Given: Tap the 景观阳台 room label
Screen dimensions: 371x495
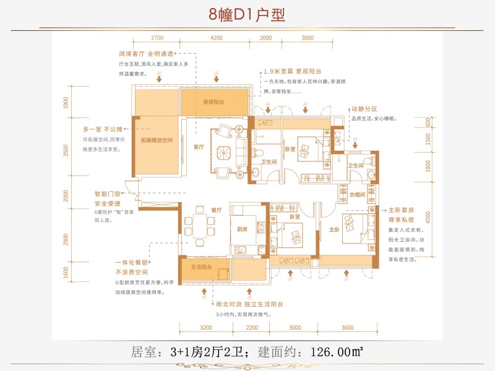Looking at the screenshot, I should coord(213,102).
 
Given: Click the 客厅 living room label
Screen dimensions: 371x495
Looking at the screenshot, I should coord(199,147).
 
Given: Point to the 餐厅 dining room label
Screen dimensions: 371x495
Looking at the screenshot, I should coord(216,210).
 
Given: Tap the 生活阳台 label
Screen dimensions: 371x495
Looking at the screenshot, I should coord(202,267).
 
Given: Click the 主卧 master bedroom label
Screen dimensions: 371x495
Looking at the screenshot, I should coord(334,229).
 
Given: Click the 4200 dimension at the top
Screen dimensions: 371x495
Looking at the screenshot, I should coord(217,38).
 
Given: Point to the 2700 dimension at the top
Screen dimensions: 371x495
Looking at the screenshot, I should coord(157,38).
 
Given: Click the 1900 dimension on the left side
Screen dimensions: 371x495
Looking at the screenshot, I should coord(66,103).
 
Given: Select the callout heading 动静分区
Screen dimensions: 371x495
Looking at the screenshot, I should coord(364,108).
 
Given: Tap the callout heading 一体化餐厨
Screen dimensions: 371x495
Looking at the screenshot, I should coord(129,262).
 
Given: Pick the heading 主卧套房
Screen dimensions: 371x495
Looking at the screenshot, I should coord(401,210).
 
